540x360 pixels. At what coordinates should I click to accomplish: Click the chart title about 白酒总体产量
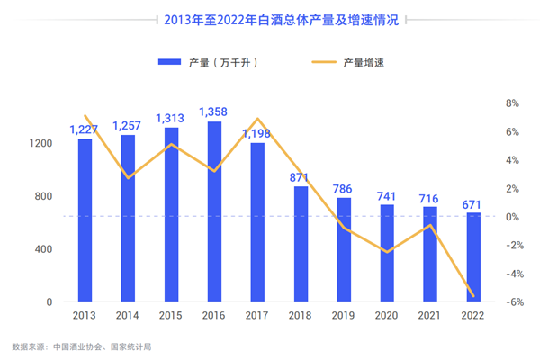270,18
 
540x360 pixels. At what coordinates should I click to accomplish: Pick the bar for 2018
301,244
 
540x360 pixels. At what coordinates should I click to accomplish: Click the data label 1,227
85,129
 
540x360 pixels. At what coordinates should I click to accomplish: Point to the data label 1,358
214,112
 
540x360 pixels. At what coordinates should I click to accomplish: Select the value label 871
301,177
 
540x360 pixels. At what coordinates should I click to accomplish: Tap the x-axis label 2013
85,316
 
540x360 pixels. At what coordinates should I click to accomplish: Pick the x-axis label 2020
387,316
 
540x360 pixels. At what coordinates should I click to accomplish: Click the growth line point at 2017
258,119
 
